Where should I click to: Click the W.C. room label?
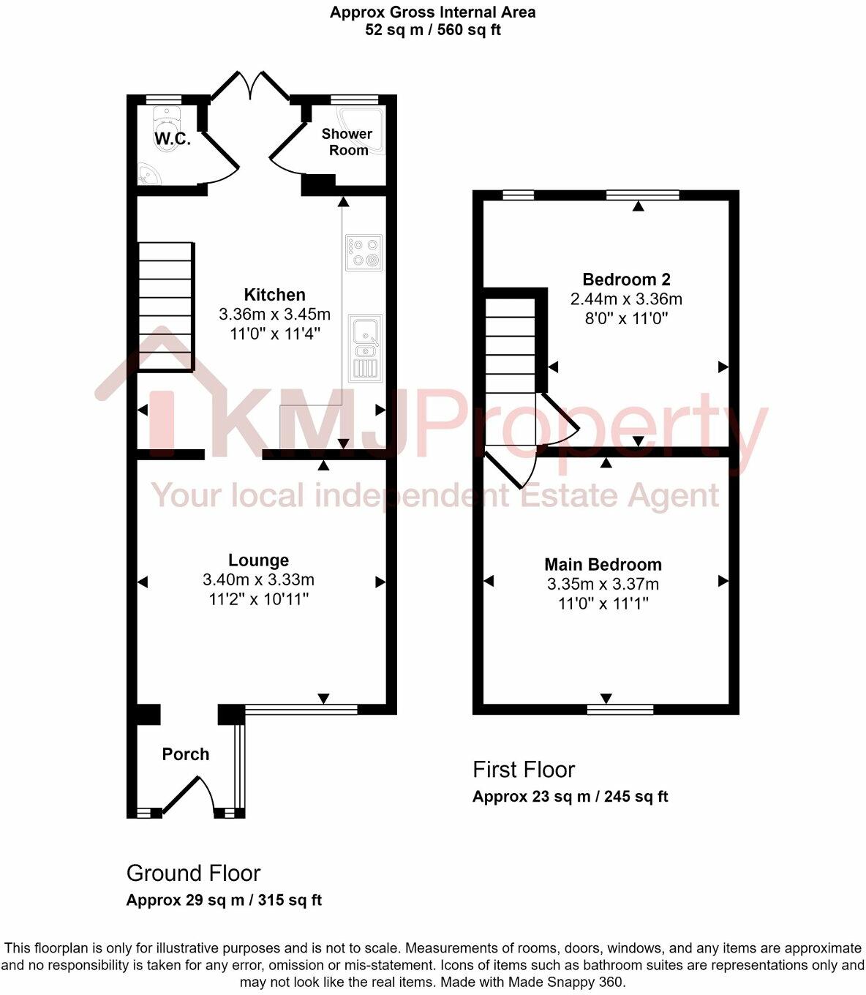tap(173, 140)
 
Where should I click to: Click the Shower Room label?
tap(347, 142)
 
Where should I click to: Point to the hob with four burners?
tap(364, 252)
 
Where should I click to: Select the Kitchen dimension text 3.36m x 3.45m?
tap(274, 315)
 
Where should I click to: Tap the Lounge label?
tap(258, 560)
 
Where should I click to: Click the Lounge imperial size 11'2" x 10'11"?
tap(258, 600)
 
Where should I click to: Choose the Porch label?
tap(186, 754)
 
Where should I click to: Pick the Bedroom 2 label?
tap(626, 279)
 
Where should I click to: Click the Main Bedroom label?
tap(603, 565)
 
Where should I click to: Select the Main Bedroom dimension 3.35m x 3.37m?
tap(603, 585)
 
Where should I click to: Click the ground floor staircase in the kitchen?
tap(166, 307)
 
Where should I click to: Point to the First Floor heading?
tap(524, 770)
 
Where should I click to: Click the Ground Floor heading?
tap(193, 874)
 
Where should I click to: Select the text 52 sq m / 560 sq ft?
tap(432, 30)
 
